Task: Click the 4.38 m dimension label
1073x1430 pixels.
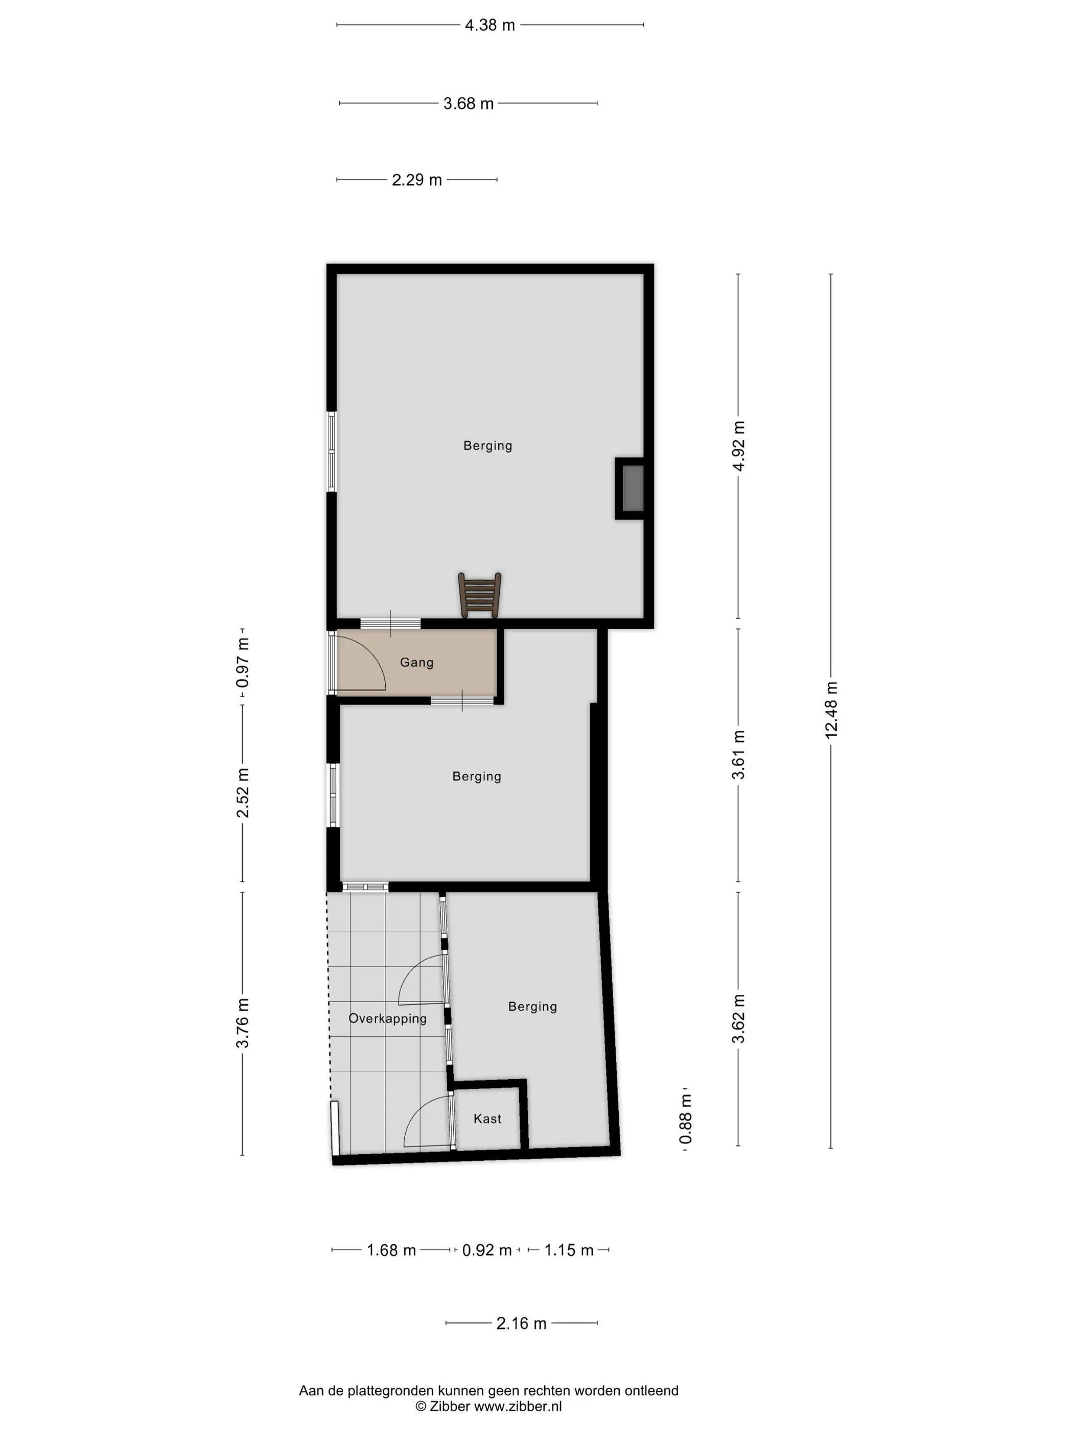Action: point(489,25)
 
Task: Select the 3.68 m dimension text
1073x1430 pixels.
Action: point(468,104)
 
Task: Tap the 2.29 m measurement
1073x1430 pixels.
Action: point(416,180)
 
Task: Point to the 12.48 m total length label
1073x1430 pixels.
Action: point(831,710)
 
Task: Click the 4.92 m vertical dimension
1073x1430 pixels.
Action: point(738,446)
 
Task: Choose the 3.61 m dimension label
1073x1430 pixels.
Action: point(738,754)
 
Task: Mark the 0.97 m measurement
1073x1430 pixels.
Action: point(243,662)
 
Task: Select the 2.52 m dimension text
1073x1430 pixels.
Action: point(243,793)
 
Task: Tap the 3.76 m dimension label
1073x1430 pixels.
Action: point(243,1023)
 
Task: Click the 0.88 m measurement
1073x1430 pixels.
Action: point(686,1119)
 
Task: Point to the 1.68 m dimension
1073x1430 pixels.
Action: point(391,1250)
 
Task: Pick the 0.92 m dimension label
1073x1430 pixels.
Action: point(486,1250)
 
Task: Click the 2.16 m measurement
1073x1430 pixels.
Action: point(521,1323)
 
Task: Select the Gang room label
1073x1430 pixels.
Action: point(416,662)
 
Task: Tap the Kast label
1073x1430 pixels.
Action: point(487,1118)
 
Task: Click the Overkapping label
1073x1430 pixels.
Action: point(387,1018)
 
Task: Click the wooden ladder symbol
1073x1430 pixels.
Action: point(479,595)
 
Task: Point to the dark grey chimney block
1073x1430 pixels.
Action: point(633,488)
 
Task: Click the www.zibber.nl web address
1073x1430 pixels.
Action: point(518,1406)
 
